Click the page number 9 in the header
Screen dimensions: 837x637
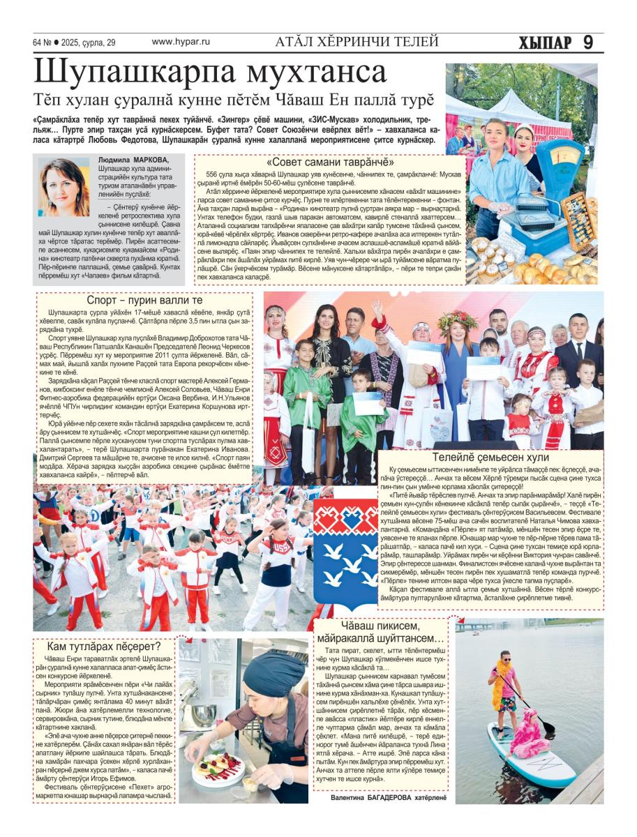[587, 43]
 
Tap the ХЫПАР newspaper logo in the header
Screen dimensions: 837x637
[545, 43]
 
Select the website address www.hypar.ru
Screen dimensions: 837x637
[181, 42]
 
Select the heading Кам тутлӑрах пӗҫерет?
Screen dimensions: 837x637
[103, 646]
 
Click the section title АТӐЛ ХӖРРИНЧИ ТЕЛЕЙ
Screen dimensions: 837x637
[357, 42]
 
